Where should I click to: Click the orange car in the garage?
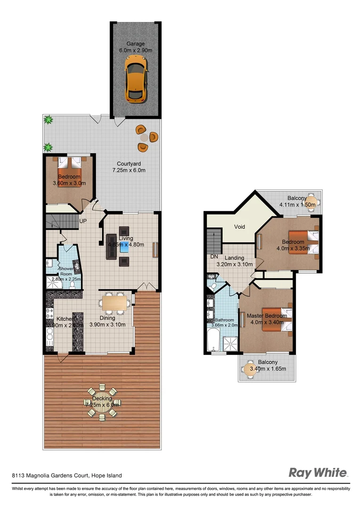point(135,78)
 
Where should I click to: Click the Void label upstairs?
point(239,227)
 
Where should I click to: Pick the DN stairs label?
point(214,256)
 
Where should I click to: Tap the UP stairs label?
point(82,221)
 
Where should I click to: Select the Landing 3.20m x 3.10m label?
point(234,261)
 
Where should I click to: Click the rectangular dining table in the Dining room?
point(115,302)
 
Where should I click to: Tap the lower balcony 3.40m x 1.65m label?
point(267,365)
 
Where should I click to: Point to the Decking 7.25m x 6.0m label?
point(102,402)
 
